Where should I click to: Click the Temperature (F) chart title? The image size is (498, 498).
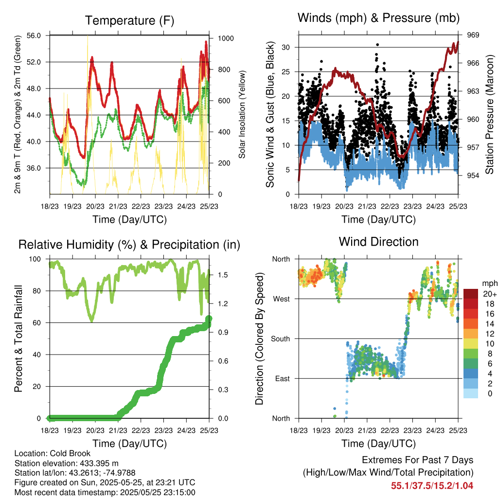(129, 20)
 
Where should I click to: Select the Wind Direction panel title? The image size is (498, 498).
(378, 242)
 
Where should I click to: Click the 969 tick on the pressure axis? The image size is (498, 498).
(473, 35)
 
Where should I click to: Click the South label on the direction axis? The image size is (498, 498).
(280, 338)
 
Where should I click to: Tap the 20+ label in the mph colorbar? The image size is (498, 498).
(489, 294)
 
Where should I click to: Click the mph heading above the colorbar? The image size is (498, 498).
(489, 283)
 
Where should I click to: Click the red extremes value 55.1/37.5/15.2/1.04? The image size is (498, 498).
(432, 485)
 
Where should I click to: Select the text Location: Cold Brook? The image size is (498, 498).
(53, 454)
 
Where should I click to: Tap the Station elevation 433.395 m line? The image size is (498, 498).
(67, 463)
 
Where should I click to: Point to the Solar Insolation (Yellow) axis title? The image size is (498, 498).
(242, 114)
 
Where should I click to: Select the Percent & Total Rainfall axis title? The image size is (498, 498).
(18, 338)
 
